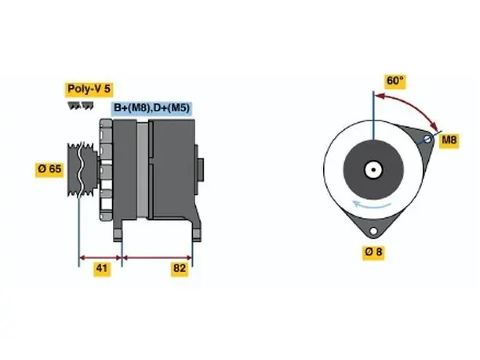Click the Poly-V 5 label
pyautogui.click(x=89, y=89)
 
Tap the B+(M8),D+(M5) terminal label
pyautogui.click(x=152, y=108)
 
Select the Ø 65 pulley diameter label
pyautogui.click(x=49, y=169)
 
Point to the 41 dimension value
pyautogui.click(x=102, y=268)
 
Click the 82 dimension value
pyautogui.click(x=180, y=268)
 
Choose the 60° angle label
pyautogui.click(x=395, y=81)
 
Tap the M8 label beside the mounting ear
pyautogui.click(x=449, y=140)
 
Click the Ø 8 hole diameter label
pyautogui.click(x=373, y=252)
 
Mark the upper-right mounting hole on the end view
pyautogui.click(x=427, y=140)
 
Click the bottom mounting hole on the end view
pyautogui.click(x=373, y=231)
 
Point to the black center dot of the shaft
pyautogui.click(x=373, y=169)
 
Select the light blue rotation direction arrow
pyautogui.click(x=371, y=205)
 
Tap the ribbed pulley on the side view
pyautogui.click(x=82, y=169)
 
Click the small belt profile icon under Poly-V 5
pyautogui.click(x=81, y=106)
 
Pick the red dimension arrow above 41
pyautogui.click(x=100, y=258)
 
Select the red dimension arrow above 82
pyautogui.click(x=157, y=258)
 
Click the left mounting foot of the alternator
pyautogui.click(x=118, y=231)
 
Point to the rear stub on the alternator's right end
pyautogui.click(x=201, y=170)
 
